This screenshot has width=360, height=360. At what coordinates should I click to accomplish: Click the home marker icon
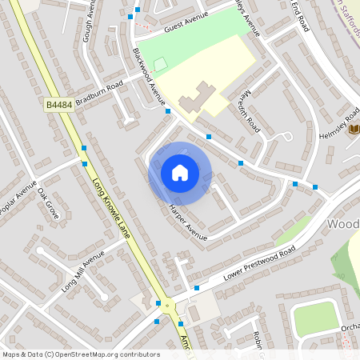tap(180, 173)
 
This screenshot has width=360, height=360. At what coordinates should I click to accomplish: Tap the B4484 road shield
tap(59, 104)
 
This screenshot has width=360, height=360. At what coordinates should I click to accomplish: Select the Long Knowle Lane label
tap(112, 206)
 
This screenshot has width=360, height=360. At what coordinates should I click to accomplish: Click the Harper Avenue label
tap(188, 222)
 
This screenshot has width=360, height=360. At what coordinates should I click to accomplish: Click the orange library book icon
tap(354, 130)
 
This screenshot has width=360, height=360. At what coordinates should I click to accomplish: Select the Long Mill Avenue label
tap(83, 272)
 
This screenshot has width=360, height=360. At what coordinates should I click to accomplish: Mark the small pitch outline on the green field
tap(160, 63)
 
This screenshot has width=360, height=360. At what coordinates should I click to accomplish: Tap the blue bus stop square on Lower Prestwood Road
tap(196, 287)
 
